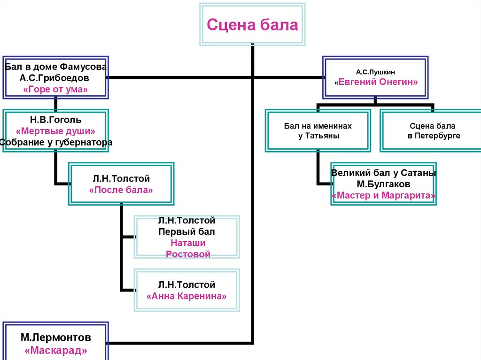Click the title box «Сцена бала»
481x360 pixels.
tap(253, 24)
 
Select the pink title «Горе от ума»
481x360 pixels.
tap(56, 89)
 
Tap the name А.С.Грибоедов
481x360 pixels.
tap(56, 77)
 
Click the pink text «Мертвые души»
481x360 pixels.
tap(56, 131)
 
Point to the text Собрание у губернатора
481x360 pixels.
tap(56, 142)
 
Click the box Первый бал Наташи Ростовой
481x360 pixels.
tap(187, 237)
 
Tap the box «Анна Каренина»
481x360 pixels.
tap(187, 290)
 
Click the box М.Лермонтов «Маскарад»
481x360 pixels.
tap(56, 343)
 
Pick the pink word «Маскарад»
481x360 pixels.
tap(56, 350)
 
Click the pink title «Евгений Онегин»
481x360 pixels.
tap(376, 82)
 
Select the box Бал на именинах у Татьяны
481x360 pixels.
tap(318, 131)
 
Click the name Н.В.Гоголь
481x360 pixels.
tap(56, 120)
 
